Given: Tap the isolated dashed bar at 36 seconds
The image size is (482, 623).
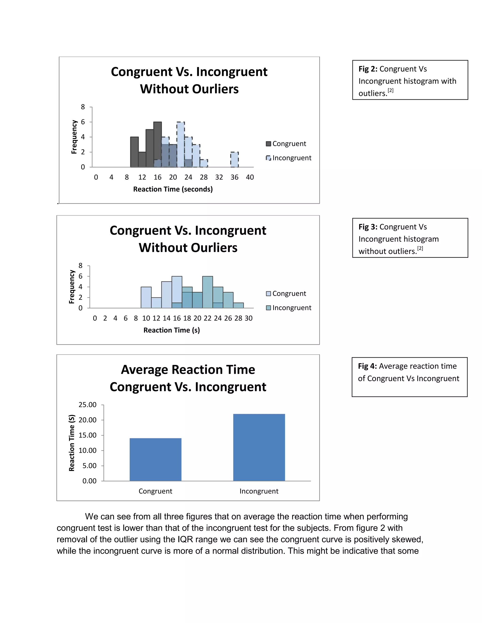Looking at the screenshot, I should click(x=234, y=159).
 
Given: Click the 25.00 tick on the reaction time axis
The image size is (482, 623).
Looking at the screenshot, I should click(x=88, y=405).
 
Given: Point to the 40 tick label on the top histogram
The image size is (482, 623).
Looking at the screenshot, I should click(x=250, y=177).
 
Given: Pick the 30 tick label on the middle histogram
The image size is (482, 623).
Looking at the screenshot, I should click(x=249, y=318).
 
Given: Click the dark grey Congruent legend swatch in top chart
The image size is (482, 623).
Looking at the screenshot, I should click(x=268, y=143).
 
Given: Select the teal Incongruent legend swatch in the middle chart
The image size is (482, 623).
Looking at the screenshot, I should click(x=268, y=308).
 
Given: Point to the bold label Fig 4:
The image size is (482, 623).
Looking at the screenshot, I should click(x=367, y=366).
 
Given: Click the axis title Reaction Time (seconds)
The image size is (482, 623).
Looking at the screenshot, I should click(x=173, y=189).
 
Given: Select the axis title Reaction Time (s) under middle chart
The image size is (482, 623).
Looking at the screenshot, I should click(x=171, y=330).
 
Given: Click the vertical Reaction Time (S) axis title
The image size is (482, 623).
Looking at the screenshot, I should click(x=72, y=443).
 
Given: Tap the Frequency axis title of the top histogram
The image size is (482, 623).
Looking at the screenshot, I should click(x=74, y=137).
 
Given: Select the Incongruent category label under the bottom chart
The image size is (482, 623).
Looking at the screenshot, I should click(x=259, y=491).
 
